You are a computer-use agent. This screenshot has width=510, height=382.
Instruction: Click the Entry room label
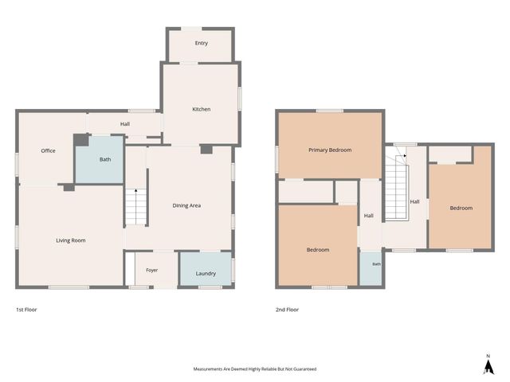[x=202, y=43]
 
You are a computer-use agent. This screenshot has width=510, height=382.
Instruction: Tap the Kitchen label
[x=202, y=109]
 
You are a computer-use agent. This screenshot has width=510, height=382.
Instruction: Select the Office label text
[x=48, y=150]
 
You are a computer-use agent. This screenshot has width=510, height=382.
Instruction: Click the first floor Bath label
[x=105, y=159]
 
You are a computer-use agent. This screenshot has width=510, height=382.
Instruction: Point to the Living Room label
[x=71, y=240]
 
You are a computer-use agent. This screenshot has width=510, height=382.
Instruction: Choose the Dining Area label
[x=186, y=205]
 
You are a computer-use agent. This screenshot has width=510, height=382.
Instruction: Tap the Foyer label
[x=152, y=271]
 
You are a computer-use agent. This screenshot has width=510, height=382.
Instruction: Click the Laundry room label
[x=206, y=274]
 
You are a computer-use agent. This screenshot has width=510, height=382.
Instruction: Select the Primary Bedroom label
[x=330, y=150]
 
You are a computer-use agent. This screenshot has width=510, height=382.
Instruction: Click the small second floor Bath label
[x=376, y=264]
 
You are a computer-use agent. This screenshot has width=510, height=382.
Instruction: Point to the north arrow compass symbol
[x=488, y=364]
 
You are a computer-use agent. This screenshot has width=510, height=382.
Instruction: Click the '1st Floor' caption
[x=26, y=310]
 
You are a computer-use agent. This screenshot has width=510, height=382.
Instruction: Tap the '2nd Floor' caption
[x=287, y=310]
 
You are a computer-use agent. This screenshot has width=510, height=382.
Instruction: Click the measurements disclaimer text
[x=255, y=369]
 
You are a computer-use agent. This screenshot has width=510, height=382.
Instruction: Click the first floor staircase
[x=136, y=207]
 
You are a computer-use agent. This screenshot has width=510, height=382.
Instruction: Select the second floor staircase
[x=397, y=188]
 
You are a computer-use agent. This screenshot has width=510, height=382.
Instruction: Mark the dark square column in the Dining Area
[x=206, y=150]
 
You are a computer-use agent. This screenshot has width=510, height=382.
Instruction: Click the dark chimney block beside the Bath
[x=81, y=140]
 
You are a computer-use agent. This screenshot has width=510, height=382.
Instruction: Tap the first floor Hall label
[x=125, y=124]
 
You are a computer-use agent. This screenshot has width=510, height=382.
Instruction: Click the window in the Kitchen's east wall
[x=240, y=99]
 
